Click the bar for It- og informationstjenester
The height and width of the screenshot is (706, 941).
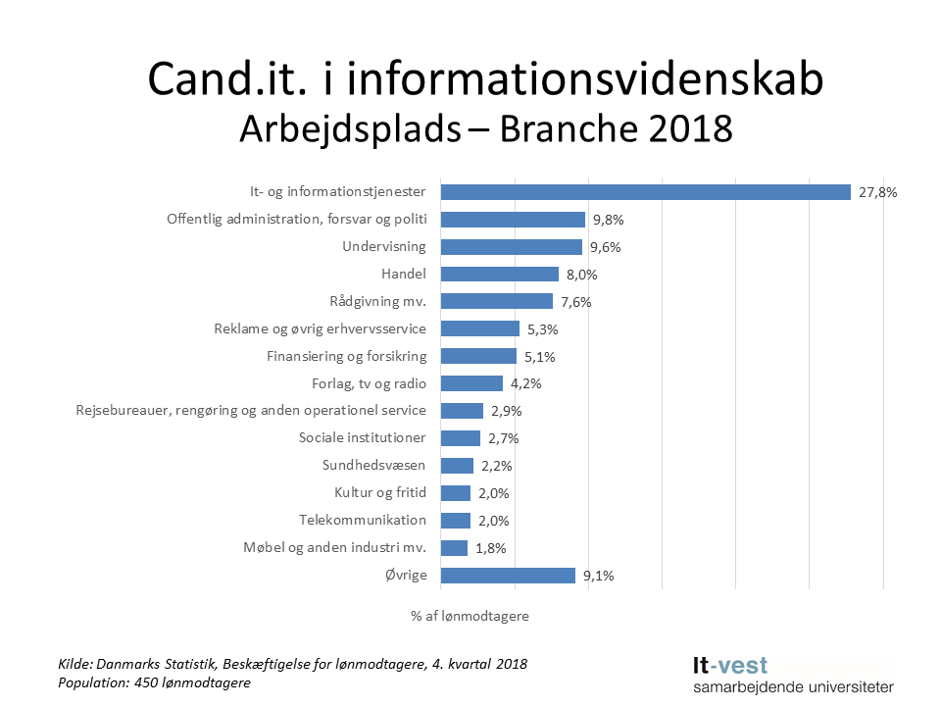(x=645, y=192)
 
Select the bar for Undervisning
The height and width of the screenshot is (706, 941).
(x=511, y=247)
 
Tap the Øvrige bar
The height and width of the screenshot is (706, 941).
(x=508, y=576)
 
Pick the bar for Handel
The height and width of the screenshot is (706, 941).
(x=499, y=275)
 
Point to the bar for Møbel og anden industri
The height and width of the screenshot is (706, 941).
(x=454, y=548)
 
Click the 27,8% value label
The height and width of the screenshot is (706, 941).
(x=877, y=193)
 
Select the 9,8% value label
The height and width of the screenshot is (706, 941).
(x=609, y=221)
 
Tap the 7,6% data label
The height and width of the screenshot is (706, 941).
(x=576, y=303)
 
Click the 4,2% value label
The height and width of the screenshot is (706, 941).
(x=526, y=384)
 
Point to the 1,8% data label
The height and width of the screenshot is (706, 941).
(x=491, y=549)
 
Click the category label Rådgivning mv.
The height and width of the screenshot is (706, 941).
(x=378, y=301)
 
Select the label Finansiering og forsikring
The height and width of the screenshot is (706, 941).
(x=346, y=356)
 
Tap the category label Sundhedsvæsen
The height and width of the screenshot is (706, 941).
(x=374, y=465)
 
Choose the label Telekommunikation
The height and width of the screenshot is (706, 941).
(x=363, y=520)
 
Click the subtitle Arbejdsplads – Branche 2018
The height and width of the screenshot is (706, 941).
(x=486, y=128)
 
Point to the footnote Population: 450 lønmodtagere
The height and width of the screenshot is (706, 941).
(x=154, y=682)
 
